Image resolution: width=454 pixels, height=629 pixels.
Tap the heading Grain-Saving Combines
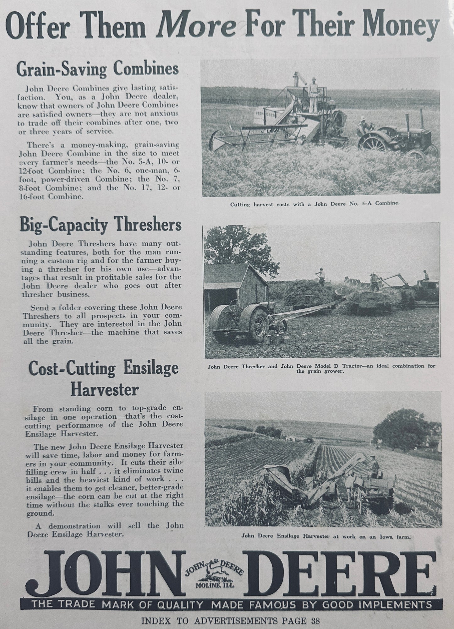coord(97,69)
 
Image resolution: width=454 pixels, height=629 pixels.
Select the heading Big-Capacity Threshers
coord(101,225)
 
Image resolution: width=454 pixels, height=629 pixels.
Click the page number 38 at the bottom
coord(315,620)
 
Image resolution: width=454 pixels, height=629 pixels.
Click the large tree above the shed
coord(239,248)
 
